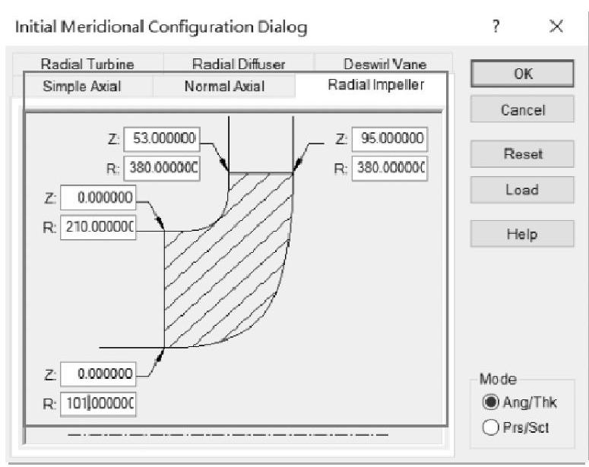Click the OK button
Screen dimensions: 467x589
(522, 74)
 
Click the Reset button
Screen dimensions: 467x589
(522, 154)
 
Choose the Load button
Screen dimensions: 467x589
(522, 190)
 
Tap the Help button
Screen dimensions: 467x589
(522, 234)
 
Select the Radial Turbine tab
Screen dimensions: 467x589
(87, 65)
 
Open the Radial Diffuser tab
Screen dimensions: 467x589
(238, 65)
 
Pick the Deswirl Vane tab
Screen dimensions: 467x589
(385, 65)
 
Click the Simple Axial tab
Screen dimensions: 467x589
(81, 86)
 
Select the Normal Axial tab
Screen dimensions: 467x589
(224, 86)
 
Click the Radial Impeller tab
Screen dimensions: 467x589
(375, 84)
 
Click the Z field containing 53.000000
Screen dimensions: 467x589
(161, 139)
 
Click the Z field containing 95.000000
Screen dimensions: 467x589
(390, 140)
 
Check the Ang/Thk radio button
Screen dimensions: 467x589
(490, 402)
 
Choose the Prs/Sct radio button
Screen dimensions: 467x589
(490, 427)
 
